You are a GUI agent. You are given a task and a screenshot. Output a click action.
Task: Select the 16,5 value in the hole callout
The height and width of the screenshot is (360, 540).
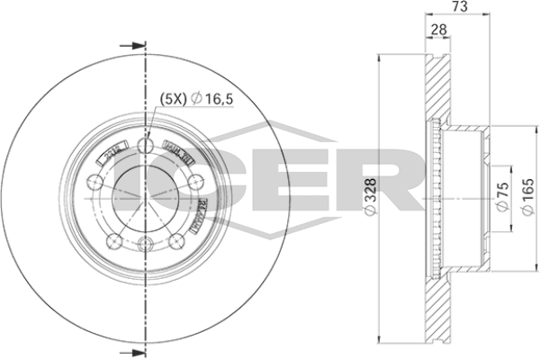tap(216, 99)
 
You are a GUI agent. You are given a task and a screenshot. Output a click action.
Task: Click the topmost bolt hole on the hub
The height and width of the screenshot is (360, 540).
tap(145, 144)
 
